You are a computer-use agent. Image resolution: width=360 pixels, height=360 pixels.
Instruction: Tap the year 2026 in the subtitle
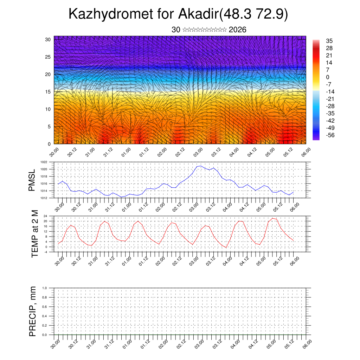click(237, 30)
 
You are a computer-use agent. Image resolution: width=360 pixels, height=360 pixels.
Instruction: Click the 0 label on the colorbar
click(328, 77)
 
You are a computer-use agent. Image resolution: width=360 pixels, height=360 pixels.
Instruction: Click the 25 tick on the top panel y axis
click(49, 57)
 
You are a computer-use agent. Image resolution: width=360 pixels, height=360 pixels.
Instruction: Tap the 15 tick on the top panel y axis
click(49, 92)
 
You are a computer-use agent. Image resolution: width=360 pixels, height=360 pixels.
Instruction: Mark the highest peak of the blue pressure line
click(200, 166)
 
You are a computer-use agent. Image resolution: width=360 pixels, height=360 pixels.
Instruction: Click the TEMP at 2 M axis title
click(34, 233)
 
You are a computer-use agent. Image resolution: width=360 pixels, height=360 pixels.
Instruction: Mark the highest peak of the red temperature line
click(272, 218)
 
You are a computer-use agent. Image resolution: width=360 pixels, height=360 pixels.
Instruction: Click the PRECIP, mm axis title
click(33, 311)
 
